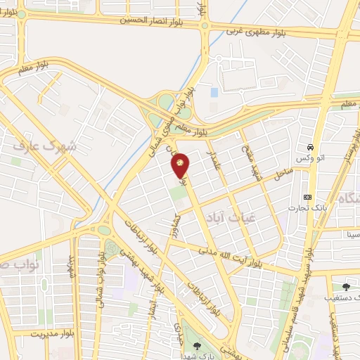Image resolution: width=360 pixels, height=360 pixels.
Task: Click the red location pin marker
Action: tap(181, 165)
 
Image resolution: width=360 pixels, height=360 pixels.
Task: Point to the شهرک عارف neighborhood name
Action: tap(43, 146)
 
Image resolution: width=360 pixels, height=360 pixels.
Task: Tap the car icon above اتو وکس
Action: tap(309, 148)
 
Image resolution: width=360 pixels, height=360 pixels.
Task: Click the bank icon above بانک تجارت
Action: tap(307, 197)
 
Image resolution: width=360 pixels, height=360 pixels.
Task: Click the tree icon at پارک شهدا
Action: tap(197, 345)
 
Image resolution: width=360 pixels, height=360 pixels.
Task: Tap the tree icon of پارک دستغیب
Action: tap(345, 286)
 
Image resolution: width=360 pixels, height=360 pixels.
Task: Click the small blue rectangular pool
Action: tap(214, 92)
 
